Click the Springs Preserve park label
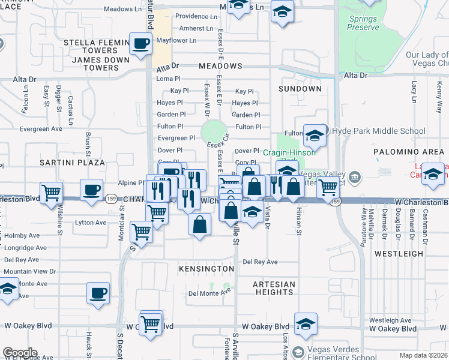[363, 23]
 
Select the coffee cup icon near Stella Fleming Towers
[140, 44]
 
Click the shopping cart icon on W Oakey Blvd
[151, 324]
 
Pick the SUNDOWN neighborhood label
[300, 89]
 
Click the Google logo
[19, 353]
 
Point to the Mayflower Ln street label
[176, 41]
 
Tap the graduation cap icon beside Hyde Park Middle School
[314, 136]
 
